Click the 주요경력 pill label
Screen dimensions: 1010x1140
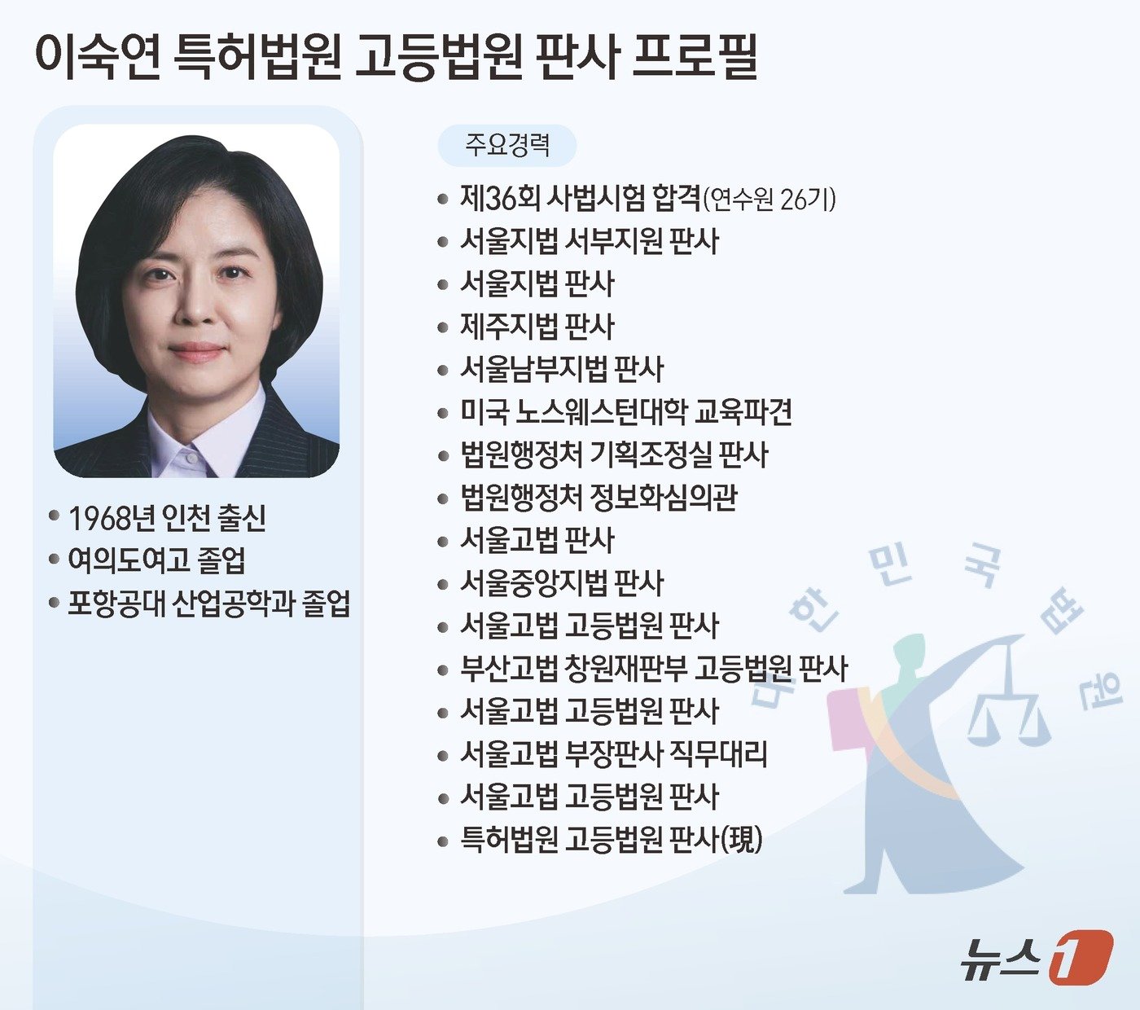point(507,146)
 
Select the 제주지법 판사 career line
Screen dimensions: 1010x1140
point(537,327)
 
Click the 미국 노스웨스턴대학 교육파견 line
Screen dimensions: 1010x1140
point(625,412)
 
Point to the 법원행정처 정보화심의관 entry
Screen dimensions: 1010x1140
point(598,498)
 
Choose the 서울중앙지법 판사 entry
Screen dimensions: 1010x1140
point(562,583)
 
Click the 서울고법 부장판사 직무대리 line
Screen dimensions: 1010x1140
point(613,754)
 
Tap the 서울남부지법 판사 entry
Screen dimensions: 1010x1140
point(562,370)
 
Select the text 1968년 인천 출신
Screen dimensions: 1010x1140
point(167,517)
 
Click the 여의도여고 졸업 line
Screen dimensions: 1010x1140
point(156,560)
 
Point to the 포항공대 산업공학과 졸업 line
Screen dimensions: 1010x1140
point(208,604)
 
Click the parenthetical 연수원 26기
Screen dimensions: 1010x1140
point(769,199)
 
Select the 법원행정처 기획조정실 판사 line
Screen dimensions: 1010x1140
point(614,455)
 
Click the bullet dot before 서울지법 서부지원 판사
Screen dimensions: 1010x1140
point(443,242)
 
